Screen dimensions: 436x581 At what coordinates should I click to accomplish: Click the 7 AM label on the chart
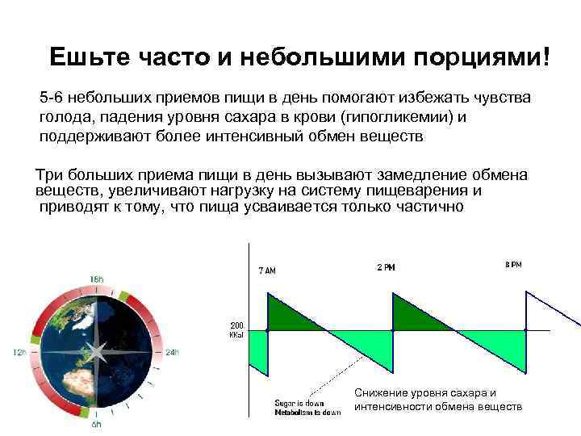click(267, 270)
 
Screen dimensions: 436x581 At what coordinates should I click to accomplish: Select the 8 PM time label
click(512, 265)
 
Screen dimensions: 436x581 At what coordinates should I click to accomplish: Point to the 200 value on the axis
click(238, 325)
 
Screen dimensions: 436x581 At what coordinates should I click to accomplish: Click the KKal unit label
click(239, 335)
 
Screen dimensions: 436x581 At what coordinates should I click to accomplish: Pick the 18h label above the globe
click(97, 279)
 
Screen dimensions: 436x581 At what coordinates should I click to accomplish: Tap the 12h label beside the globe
click(16, 352)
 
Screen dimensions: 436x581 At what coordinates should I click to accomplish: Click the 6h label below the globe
click(97, 425)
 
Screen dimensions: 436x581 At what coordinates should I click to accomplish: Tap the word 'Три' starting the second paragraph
click(48, 175)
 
